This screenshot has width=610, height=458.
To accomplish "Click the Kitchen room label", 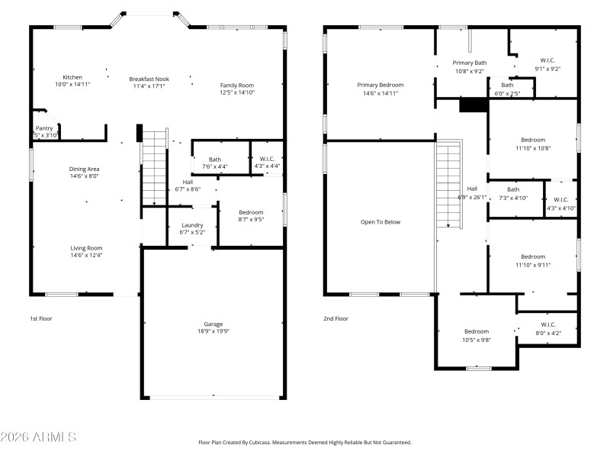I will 72,78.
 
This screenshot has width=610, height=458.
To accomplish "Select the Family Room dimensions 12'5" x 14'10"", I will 237,92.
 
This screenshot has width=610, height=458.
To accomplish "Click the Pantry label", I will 44,128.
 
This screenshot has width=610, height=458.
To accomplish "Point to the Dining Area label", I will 85,169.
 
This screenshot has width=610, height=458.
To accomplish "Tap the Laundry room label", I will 191,225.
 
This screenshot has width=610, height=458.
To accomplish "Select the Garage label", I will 213,324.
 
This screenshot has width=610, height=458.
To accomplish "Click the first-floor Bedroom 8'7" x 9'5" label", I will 251,212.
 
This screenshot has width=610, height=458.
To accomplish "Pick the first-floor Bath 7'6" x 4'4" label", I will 215,160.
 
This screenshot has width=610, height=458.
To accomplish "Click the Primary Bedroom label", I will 380,85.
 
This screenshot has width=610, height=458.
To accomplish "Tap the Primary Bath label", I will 469,63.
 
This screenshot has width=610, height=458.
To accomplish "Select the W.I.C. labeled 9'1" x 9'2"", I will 547,60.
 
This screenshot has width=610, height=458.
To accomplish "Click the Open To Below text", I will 380,222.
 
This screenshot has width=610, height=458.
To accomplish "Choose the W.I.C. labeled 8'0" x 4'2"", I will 549,324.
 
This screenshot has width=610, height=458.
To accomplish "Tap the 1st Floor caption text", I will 41,318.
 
